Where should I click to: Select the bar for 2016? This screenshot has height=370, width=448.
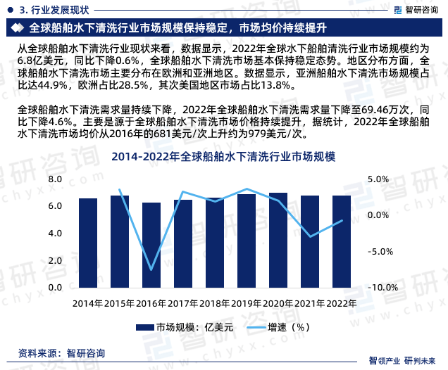pos(151,245)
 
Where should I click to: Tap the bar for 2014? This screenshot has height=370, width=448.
pos(88,243)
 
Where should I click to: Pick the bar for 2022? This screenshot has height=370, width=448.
pos(342,241)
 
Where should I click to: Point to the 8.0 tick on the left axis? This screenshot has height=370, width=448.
pos(55,179)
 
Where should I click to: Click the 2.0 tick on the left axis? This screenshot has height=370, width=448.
pos(55,261)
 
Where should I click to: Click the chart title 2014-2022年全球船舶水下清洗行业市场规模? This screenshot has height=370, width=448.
pos(223,156)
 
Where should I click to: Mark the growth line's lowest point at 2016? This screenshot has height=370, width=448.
pos(151,269)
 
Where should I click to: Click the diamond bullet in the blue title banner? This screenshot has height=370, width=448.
pos(18,28)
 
